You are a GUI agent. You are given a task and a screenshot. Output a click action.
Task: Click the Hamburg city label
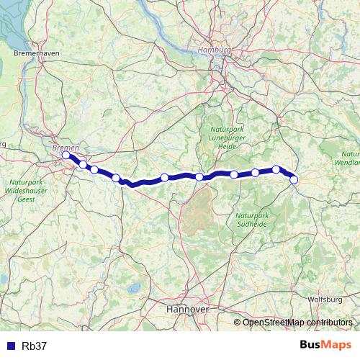214,50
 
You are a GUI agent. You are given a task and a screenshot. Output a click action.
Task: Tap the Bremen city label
66,147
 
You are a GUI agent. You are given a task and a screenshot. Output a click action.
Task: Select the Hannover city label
187,308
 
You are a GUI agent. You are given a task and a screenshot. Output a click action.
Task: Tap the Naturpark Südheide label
253,219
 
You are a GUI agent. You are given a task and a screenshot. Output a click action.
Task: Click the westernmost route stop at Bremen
66,155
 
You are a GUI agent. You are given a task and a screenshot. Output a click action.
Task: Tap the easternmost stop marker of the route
294,180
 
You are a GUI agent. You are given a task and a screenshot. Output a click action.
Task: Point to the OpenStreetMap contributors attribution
297,323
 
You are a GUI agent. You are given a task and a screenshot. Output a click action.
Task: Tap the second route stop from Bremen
83,165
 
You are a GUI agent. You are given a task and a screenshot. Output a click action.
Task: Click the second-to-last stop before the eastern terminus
276,170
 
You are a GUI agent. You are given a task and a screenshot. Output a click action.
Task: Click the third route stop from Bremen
94,170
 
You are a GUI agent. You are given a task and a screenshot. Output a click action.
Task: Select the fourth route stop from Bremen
116,178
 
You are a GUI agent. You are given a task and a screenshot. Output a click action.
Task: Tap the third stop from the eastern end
256,173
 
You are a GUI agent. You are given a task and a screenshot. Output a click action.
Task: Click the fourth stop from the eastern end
234,174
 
